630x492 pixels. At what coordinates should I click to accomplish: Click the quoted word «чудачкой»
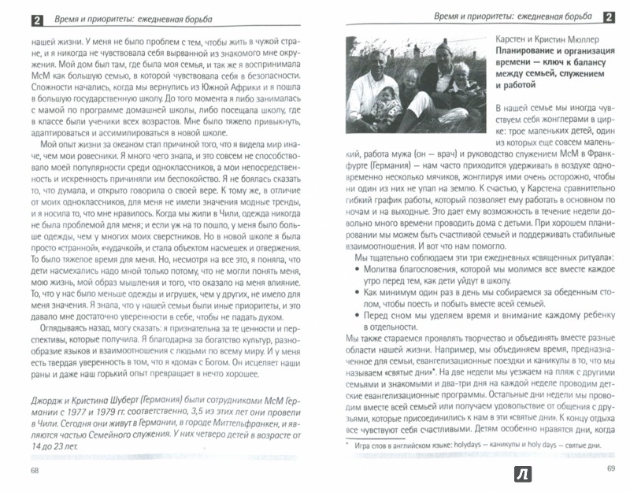coord(98,247)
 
